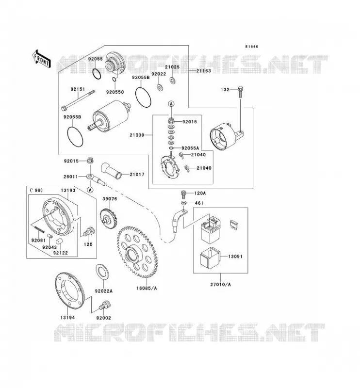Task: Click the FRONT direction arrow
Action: pyautogui.click(x=41, y=59)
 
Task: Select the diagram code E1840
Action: pyautogui.click(x=251, y=47)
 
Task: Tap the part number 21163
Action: pyautogui.click(x=203, y=71)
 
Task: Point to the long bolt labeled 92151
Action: pyautogui.click(x=78, y=100)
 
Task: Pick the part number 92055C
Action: pyautogui.click(x=115, y=92)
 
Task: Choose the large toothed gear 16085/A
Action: pyautogui.click(x=137, y=252)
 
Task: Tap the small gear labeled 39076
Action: pyautogui.click(x=109, y=219)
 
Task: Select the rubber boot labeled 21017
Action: pyautogui.click(x=111, y=171)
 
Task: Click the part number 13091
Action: pyautogui.click(x=235, y=257)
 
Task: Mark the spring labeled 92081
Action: pyautogui.click(x=38, y=227)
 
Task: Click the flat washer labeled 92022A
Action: pyautogui.click(x=102, y=272)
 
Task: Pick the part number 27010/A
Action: pyautogui.click(x=221, y=285)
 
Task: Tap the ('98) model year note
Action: pyautogui.click(x=36, y=190)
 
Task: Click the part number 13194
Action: pyautogui.click(x=67, y=318)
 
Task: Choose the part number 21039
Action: pyautogui.click(x=137, y=135)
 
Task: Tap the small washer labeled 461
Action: pyautogui.click(x=183, y=203)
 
